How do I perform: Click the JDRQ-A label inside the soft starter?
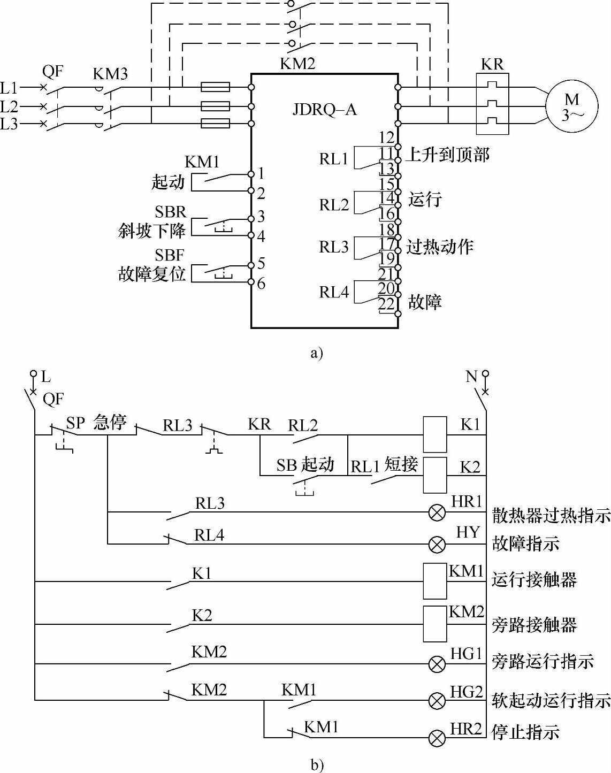point(324,110)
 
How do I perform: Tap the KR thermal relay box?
point(492,104)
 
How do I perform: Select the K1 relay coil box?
point(434,434)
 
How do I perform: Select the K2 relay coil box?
point(434,474)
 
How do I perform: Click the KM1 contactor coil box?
point(434,581)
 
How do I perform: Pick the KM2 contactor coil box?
point(434,624)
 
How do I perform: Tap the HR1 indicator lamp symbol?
point(438,513)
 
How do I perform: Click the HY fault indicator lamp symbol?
point(438,545)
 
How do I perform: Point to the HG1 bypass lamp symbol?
point(438,664)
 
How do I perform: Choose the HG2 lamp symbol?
point(438,700)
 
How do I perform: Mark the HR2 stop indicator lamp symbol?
point(438,739)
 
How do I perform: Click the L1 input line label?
point(9,88)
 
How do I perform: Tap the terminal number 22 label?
point(386,304)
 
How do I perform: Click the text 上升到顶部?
point(448,155)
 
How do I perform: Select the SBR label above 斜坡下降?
point(170,212)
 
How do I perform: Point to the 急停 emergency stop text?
point(110,422)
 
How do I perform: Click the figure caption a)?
point(317,353)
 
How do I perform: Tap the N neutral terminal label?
point(471,377)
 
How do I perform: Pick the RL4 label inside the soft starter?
point(334,292)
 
